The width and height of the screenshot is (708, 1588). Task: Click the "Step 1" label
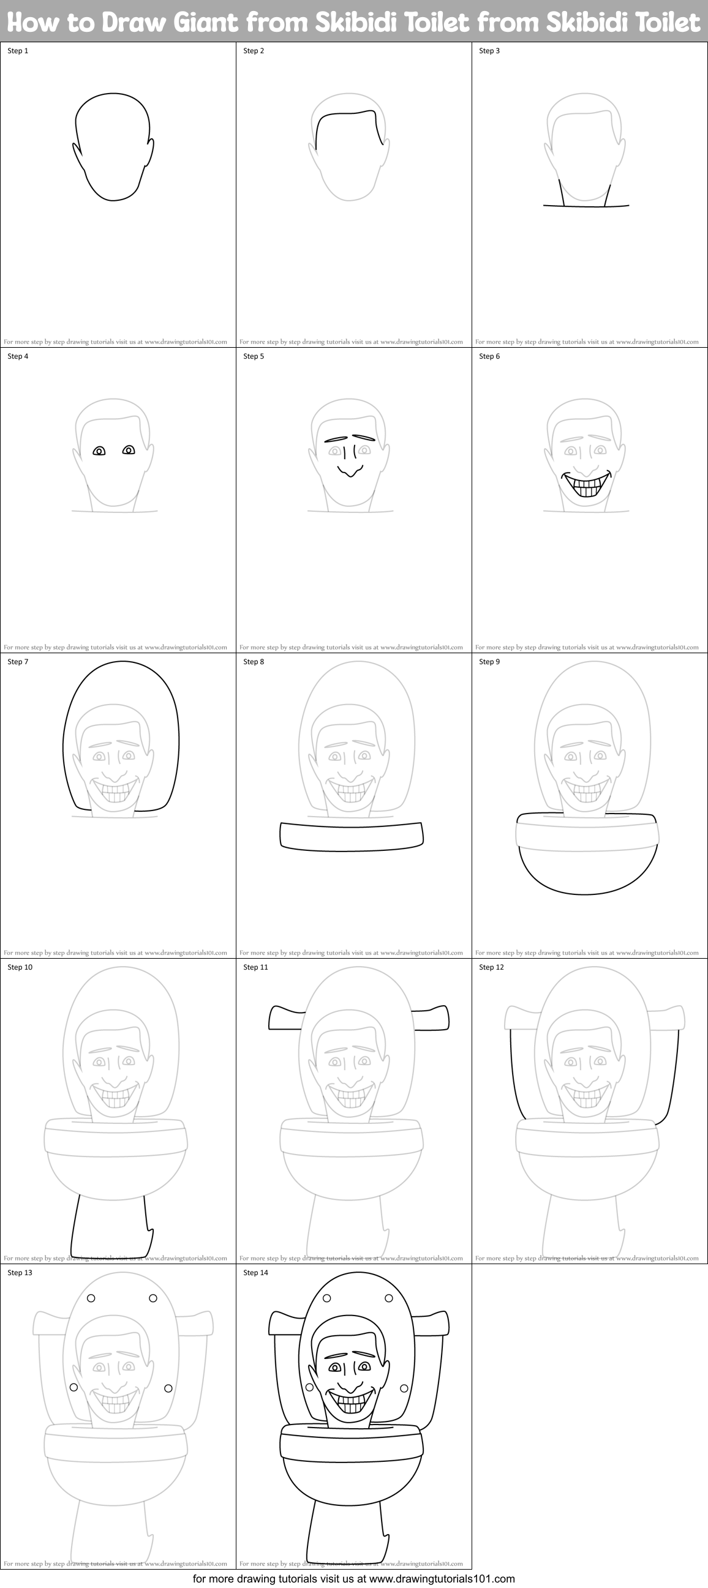point(18,51)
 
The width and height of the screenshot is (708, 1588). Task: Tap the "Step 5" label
point(254,356)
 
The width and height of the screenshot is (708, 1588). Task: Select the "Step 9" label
point(489,661)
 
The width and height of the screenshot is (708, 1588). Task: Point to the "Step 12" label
point(491,967)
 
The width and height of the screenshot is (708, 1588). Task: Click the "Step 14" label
point(255,1272)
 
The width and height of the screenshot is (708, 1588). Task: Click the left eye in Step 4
point(99,451)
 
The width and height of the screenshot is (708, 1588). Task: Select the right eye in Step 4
point(128,450)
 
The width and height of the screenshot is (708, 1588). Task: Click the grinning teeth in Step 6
point(586,488)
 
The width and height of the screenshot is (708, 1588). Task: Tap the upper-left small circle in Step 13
point(91,1298)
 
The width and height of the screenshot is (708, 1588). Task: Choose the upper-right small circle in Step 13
point(153,1298)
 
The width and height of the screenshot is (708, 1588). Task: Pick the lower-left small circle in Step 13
point(73,1388)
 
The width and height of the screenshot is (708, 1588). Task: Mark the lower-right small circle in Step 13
point(168,1388)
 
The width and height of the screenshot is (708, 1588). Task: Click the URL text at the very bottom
point(353,1579)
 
